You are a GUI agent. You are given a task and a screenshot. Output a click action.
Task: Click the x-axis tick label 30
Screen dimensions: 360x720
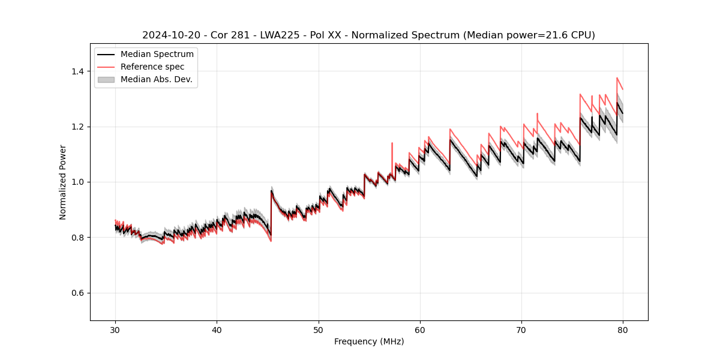pyautogui.click(x=115, y=329)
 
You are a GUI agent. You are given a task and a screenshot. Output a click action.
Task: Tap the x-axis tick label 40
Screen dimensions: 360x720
pyautogui.click(x=217, y=329)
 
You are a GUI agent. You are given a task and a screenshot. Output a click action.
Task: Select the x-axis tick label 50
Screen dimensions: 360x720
pyautogui.click(x=318, y=329)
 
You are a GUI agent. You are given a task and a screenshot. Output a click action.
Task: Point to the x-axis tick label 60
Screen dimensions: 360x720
pyautogui.click(x=420, y=329)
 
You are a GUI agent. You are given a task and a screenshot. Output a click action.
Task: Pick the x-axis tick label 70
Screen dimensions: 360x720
pyautogui.click(x=521, y=329)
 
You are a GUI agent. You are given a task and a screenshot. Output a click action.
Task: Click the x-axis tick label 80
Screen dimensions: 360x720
pyautogui.click(x=623, y=329)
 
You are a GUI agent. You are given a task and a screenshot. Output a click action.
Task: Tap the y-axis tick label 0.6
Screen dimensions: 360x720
pyautogui.click(x=77, y=293)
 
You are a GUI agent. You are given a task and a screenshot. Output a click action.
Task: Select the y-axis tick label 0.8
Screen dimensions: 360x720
pyautogui.click(x=77, y=238)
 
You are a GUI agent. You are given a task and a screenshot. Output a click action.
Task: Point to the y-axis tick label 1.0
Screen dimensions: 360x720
pyautogui.click(x=77, y=182)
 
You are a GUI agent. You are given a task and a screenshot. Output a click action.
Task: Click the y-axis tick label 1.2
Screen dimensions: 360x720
pyautogui.click(x=77, y=127)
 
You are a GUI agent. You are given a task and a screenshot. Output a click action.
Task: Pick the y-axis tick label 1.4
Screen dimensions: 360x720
pyautogui.click(x=77, y=71)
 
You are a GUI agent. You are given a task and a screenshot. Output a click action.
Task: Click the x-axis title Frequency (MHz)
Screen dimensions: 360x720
pyautogui.click(x=369, y=341)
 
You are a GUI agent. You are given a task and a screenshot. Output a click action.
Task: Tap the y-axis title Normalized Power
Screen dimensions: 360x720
pyautogui.click(x=63, y=182)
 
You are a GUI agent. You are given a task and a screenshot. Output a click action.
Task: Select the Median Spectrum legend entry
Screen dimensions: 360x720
pyautogui.click(x=157, y=55)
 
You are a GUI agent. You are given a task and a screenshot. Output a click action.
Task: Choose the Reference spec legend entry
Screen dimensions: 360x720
pyautogui.click(x=152, y=67)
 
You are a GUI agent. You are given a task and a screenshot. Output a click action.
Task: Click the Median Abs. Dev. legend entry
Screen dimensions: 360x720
pyautogui.click(x=156, y=79)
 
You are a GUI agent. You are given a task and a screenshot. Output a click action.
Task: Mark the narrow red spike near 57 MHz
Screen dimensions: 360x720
pyautogui.click(x=392, y=143)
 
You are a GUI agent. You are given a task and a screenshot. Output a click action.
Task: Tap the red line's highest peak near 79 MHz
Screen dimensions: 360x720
pyautogui.click(x=617, y=77)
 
